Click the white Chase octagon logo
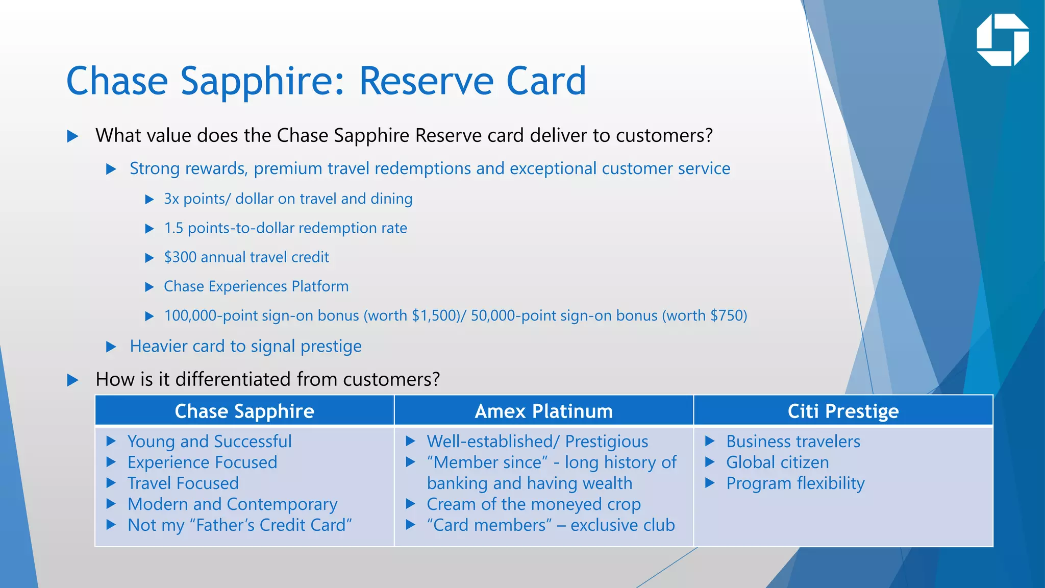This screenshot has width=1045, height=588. tap(1003, 40)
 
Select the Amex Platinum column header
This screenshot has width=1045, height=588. tap(543, 411)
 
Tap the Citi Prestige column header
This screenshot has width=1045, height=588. tap(843, 411)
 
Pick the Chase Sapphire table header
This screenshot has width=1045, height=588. tap(244, 411)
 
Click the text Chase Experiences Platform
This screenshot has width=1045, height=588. tap(256, 286)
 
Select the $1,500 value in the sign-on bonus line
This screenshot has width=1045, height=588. tap(436, 315)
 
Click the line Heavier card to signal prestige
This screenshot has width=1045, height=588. tap(245, 346)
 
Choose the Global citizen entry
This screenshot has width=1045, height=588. tap(778, 462)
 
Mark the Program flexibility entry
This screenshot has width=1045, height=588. tap(795, 483)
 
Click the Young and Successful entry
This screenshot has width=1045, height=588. tap(210, 442)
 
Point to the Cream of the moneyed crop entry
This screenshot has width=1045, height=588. tap(534, 504)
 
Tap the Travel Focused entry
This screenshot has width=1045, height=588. tap(183, 483)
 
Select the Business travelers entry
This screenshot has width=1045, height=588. tap(793, 442)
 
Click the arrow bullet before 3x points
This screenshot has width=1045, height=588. tap(150, 199)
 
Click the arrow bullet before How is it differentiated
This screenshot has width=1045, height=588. tap(73, 380)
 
